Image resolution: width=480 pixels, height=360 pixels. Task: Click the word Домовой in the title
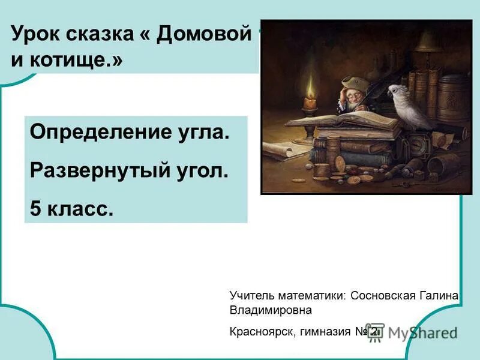[x=203, y=35]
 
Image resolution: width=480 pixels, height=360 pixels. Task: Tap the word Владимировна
[x=271, y=311]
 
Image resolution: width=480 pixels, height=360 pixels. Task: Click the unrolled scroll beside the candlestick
[x=285, y=148]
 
